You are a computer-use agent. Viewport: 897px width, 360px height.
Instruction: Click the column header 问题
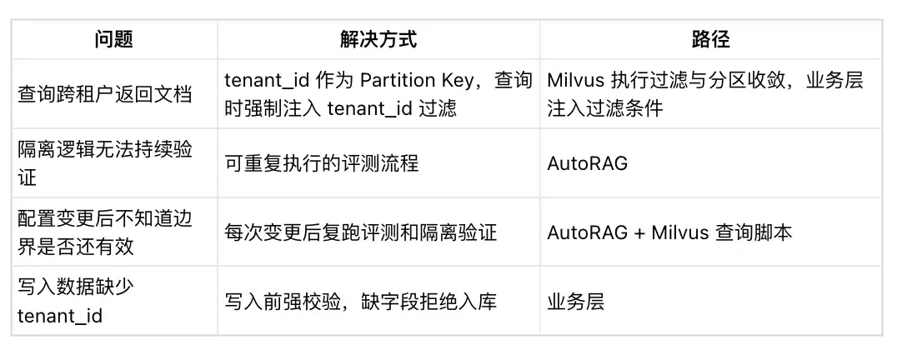pyautogui.click(x=114, y=39)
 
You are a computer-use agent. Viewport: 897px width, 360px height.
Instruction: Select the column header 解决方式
pyautogui.click(x=378, y=39)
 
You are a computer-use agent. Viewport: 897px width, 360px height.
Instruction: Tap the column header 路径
pyautogui.click(x=710, y=39)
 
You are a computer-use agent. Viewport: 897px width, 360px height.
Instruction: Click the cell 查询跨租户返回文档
pyautogui.click(x=104, y=94)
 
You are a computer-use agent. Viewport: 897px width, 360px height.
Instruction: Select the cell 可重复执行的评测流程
pyautogui.click(x=322, y=163)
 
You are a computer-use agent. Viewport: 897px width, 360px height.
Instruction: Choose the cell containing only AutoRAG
pyautogui.click(x=588, y=163)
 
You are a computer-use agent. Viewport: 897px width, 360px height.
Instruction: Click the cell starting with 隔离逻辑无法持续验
pyautogui.click(x=105, y=163)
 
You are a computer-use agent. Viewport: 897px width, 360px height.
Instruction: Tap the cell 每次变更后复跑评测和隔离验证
pyautogui.click(x=360, y=232)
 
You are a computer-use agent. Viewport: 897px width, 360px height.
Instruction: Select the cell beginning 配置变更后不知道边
pyautogui.click(x=105, y=232)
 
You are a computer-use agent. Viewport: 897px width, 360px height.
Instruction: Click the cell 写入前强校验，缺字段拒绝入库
pyautogui.click(x=360, y=302)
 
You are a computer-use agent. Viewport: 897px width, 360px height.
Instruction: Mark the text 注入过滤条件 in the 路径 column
pyautogui.click(x=605, y=108)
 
